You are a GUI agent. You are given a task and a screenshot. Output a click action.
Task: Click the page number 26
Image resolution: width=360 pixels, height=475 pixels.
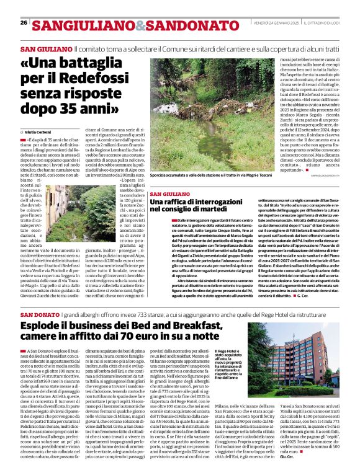(24, 22)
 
